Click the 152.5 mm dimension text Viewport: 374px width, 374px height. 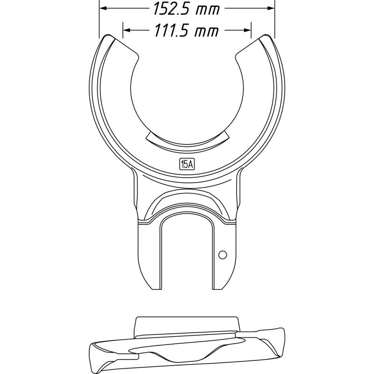pyautogui.click(x=187, y=8)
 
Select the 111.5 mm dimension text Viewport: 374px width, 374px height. pyautogui.click(x=187, y=31)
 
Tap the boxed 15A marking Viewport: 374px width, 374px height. pyautogui.click(x=187, y=164)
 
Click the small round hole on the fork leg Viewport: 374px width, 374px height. pyautogui.click(x=223, y=254)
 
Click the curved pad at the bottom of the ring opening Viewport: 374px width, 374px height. pyautogui.click(x=187, y=139)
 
